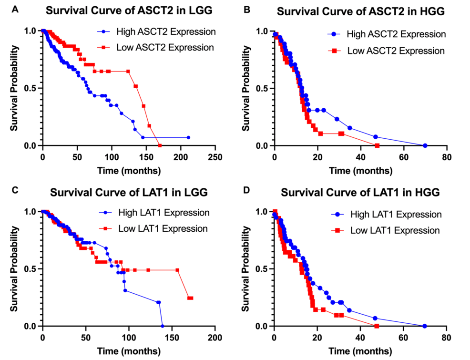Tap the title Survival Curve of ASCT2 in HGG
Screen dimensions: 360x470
tap(353, 10)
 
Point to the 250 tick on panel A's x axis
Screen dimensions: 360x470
tap(215, 157)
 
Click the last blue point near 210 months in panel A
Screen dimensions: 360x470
tap(188, 137)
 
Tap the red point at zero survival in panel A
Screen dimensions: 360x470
tap(160, 145)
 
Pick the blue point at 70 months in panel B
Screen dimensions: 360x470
tap(425, 145)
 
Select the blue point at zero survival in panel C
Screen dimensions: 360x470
tap(162, 326)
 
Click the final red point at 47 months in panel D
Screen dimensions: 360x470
tap(377, 326)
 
